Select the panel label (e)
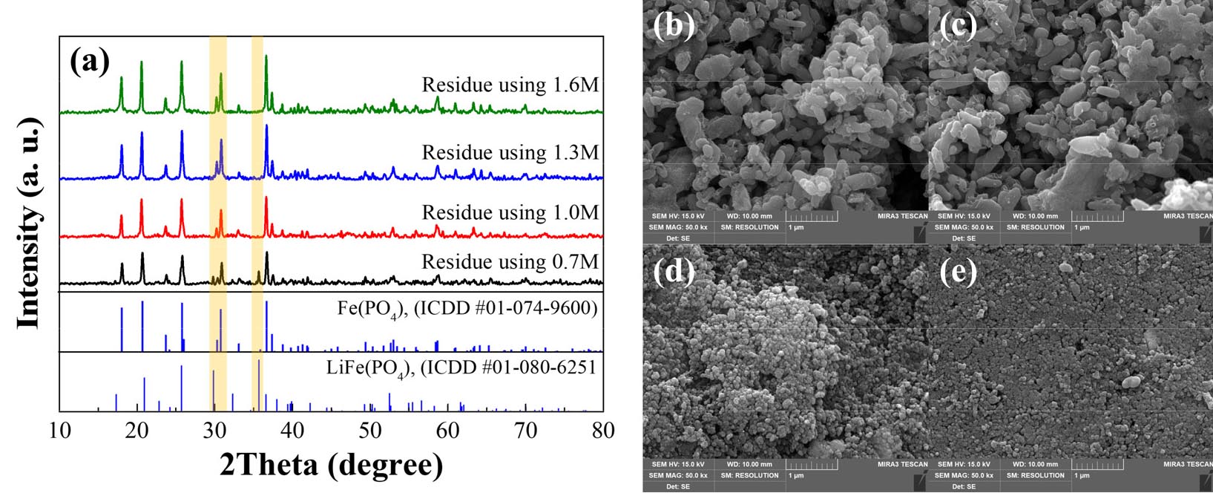tap(959, 272)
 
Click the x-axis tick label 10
tap(59, 431)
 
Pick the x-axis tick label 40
tap(292, 431)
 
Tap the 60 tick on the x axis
tap(447, 431)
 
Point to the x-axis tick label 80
tap(602, 431)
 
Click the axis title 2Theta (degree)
tap(331, 466)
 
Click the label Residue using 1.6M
tap(510, 85)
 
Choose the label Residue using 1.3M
tap(510, 153)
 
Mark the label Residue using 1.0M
tap(510, 213)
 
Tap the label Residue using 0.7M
tap(510, 262)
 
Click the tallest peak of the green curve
tap(266, 56)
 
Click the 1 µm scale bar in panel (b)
tap(813, 218)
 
